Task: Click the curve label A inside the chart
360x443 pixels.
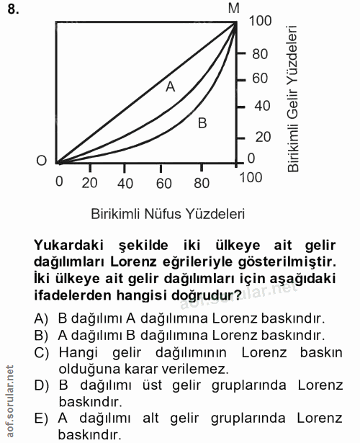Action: pos(171,87)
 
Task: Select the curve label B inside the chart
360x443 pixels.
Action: pos(202,123)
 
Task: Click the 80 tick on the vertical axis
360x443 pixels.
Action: pos(260,53)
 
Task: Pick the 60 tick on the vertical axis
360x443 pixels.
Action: pos(260,79)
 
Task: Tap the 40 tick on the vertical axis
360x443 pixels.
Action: pos(260,106)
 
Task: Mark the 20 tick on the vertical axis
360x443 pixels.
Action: pos(260,137)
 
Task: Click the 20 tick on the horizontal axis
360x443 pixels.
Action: pos(90,183)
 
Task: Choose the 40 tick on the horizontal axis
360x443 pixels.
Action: pos(125,183)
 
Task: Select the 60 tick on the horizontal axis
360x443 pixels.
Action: pos(164,183)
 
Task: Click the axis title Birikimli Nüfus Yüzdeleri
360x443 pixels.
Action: pos(168,214)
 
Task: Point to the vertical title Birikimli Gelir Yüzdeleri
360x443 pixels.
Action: pos(293,99)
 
